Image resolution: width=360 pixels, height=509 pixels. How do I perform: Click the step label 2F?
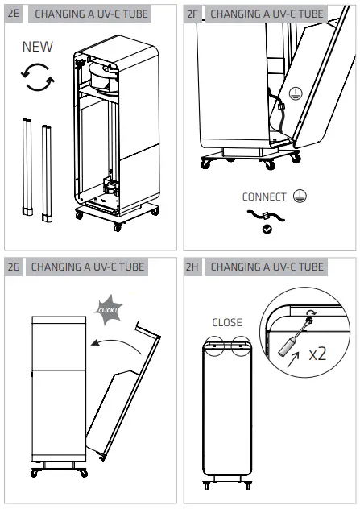click(193, 14)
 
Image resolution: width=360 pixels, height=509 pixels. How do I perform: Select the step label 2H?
click(193, 267)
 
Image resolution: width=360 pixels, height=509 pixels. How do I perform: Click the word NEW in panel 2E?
click(38, 47)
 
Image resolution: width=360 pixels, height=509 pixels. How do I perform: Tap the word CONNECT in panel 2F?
click(264, 197)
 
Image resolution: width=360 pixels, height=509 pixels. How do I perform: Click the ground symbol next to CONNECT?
click(300, 196)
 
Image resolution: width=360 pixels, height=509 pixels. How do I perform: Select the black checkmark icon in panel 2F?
click(267, 230)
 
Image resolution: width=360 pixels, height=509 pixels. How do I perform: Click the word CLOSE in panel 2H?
click(227, 322)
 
